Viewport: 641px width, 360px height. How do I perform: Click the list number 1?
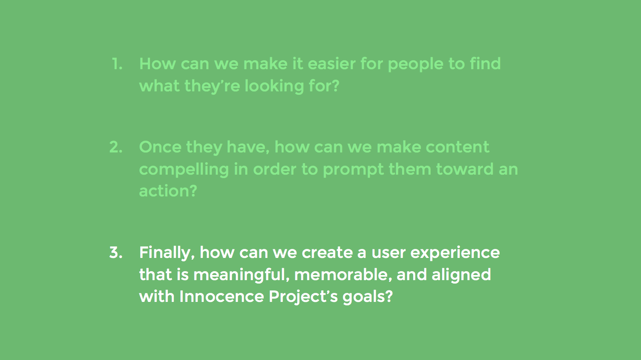click(x=117, y=64)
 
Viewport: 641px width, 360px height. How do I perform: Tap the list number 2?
click(x=116, y=147)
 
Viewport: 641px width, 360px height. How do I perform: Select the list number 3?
click(x=116, y=253)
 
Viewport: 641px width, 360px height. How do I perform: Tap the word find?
click(x=485, y=63)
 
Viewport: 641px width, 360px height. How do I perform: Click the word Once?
click(x=160, y=147)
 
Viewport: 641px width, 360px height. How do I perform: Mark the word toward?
click(x=465, y=169)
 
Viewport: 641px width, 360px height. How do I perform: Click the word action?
click(x=168, y=191)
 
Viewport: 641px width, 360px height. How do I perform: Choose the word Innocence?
click(x=221, y=297)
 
